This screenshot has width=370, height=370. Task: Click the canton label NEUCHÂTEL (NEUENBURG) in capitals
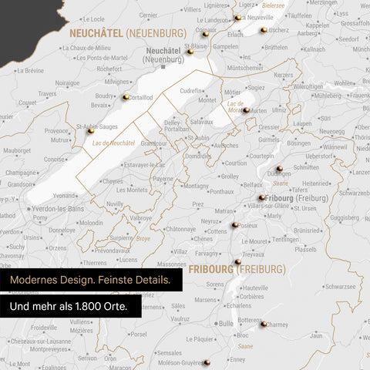(127, 33)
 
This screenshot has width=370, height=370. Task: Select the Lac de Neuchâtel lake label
(113, 143)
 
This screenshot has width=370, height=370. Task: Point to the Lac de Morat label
(236, 106)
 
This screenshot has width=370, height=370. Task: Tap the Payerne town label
(163, 179)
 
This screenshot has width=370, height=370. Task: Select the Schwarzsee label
(318, 285)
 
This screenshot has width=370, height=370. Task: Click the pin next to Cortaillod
(125, 97)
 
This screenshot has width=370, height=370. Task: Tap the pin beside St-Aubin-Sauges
(90, 132)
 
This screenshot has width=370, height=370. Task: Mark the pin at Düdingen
(280, 168)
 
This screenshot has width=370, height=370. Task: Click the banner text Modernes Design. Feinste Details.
(91, 279)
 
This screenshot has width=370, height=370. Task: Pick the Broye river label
(143, 239)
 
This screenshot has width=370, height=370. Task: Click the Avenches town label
(225, 145)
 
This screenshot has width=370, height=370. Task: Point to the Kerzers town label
(284, 75)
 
